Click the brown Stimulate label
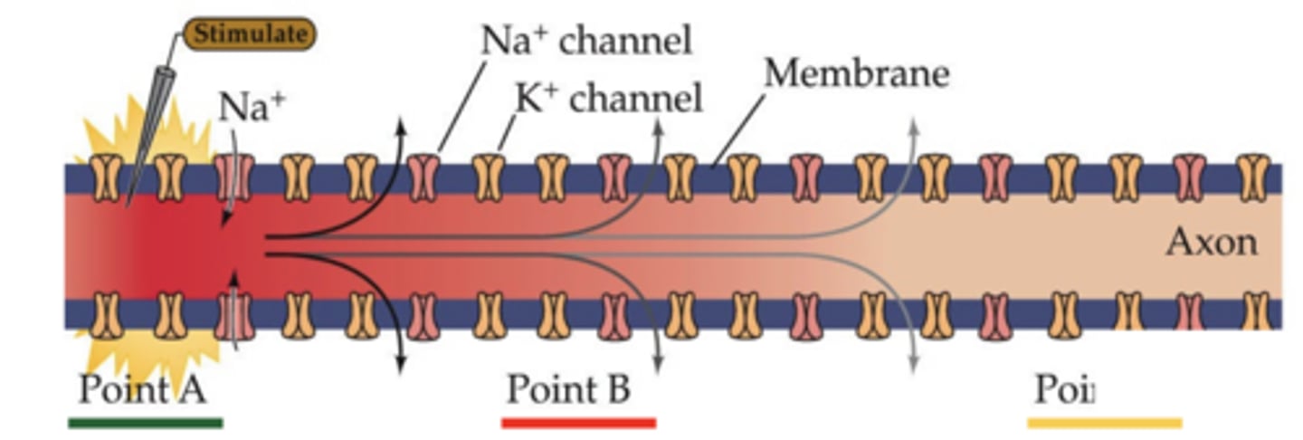point(251,34)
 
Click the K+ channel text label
point(608,100)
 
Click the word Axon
point(1211,243)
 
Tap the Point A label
point(142,390)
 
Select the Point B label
point(567,390)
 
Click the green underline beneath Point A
point(145,422)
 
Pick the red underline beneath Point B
point(578,422)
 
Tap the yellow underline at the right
point(1105,422)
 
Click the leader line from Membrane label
point(737,130)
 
